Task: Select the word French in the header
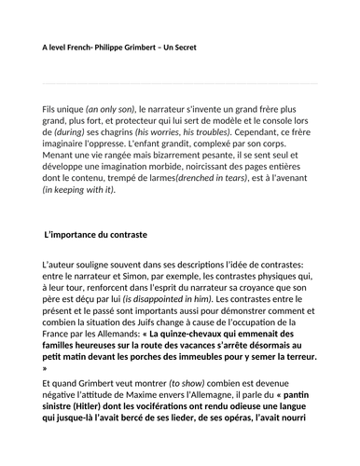tap(77, 47)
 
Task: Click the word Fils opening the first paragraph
tap(55, 109)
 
